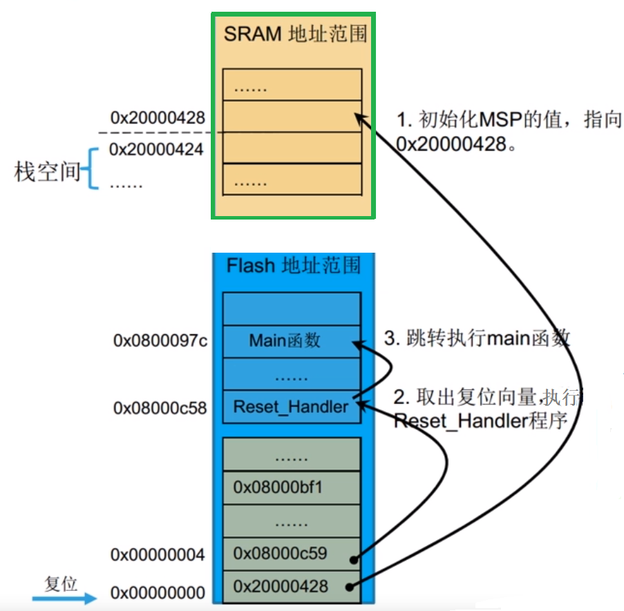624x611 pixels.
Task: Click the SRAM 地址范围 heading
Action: [x=294, y=34]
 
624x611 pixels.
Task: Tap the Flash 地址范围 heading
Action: [x=294, y=264]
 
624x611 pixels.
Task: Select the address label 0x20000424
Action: [x=156, y=149]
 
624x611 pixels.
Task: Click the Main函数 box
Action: [x=291, y=341]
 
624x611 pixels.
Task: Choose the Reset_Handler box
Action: [x=291, y=407]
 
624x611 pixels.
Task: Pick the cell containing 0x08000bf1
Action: [x=291, y=487]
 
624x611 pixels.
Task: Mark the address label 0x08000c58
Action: [x=160, y=408]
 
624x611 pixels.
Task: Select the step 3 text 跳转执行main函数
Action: [x=477, y=338]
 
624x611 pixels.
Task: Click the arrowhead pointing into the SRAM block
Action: [x=359, y=119]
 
